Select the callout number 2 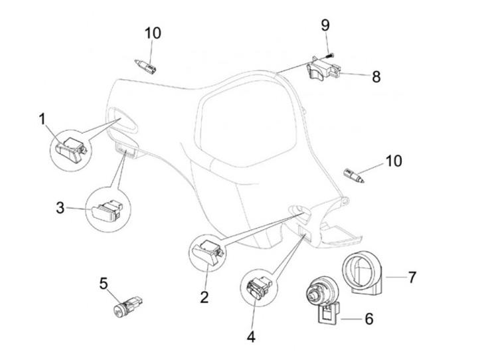tap(203, 295)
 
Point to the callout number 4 tap(250, 337)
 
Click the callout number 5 tap(103, 283)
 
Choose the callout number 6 tap(368, 319)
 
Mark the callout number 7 tap(412, 276)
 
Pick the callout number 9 tap(325, 25)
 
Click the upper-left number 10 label tap(153, 33)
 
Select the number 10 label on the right tap(393, 160)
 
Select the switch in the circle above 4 tap(258, 288)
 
